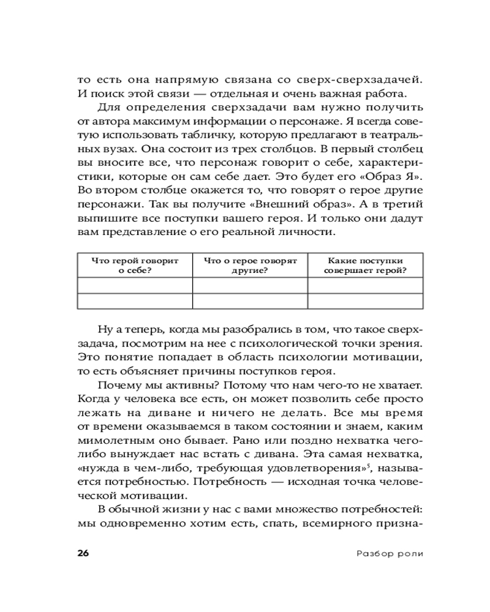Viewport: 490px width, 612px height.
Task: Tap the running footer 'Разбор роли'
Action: pos(390,554)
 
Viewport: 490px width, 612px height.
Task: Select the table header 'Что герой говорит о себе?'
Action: pos(135,264)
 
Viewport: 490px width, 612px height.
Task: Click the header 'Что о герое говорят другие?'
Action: pos(250,264)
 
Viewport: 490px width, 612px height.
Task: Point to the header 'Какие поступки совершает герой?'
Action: pos(365,264)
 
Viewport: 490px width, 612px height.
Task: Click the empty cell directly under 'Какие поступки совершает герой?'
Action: pos(365,286)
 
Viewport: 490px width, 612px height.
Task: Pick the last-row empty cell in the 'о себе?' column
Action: pos(135,301)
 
